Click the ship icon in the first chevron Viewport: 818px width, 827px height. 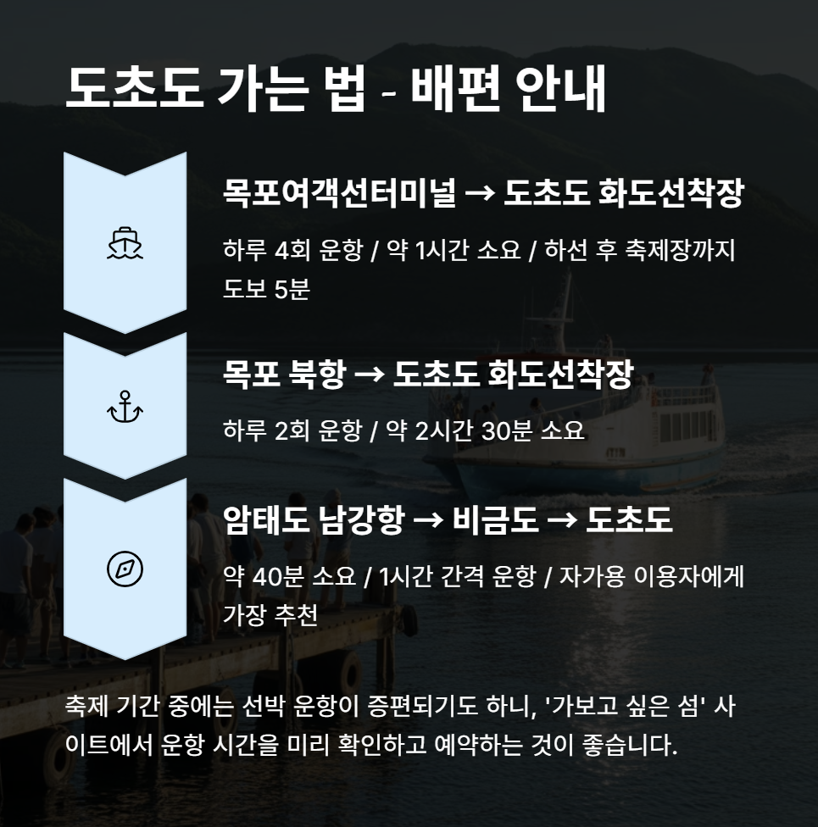coord(125,242)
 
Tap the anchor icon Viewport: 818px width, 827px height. coord(125,407)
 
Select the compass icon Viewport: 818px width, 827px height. coord(125,569)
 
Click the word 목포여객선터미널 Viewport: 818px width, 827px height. coord(338,194)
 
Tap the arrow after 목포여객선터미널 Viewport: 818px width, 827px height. coord(480,194)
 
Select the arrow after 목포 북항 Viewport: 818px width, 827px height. coord(370,376)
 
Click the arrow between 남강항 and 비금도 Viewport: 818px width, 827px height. coord(428,520)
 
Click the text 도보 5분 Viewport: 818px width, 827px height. coord(266,288)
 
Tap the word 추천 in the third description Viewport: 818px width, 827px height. coord(296,614)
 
